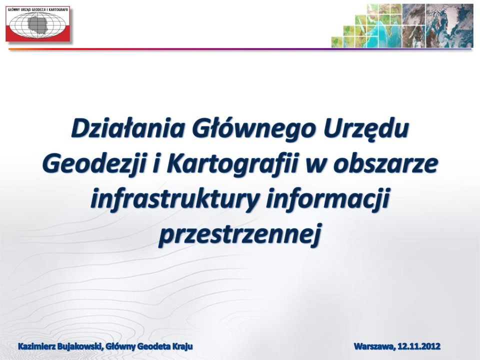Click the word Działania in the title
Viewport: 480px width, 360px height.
click(x=128, y=128)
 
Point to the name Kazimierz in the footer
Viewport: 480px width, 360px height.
click(x=36, y=346)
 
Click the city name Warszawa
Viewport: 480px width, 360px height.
click(x=374, y=347)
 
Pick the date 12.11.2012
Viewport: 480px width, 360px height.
click(x=419, y=346)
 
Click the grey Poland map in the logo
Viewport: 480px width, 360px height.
click(x=38, y=24)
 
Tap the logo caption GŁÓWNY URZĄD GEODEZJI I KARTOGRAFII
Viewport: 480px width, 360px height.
click(x=38, y=9)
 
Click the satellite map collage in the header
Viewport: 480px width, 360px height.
click(x=402, y=25)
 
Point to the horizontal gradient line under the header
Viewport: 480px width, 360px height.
click(x=240, y=49)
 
